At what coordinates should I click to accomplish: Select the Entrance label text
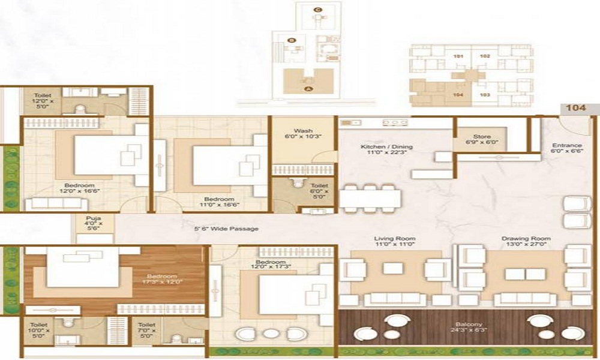(567, 149)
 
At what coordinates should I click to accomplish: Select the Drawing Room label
(526, 242)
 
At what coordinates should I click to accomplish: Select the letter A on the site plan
(309, 88)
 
